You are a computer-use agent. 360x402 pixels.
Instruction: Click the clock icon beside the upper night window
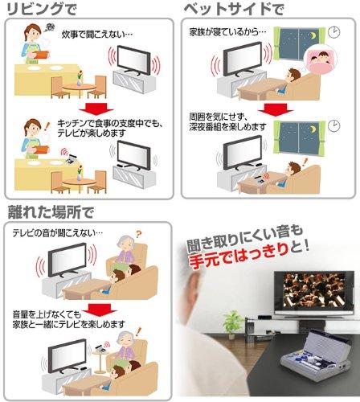[333, 32]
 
